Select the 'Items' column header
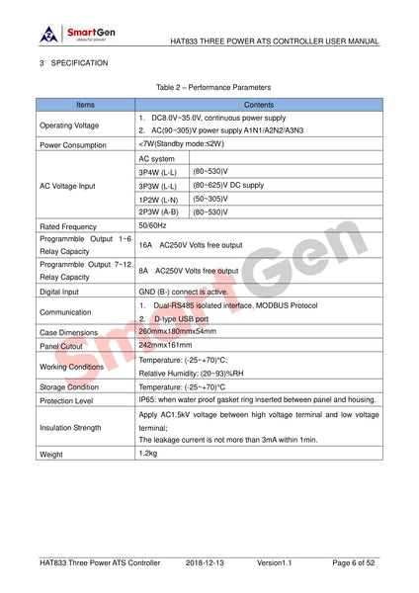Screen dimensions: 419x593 pos(86,103)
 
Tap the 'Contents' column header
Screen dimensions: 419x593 pos(259,103)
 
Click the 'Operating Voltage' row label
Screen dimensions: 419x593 pos(68,125)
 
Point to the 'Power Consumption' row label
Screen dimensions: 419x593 pos(72,144)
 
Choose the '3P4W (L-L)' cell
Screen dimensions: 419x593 pos(158,171)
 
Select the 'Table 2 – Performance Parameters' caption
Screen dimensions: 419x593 pos(209,87)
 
